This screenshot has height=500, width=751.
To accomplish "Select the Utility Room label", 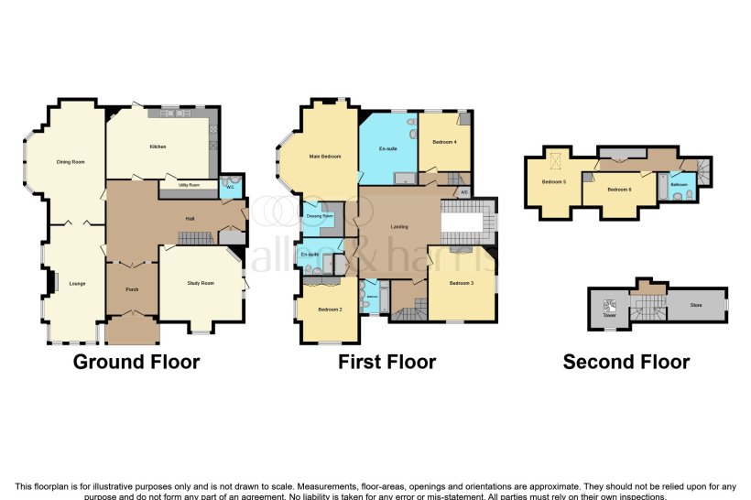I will (190, 185).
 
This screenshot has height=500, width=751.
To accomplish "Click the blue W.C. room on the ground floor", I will (231, 186).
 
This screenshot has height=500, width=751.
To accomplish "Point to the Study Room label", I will (201, 283).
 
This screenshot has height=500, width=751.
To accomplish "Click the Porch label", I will (131, 288).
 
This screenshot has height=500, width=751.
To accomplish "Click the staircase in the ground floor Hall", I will (194, 238).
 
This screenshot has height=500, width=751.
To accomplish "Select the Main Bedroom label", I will (324, 157).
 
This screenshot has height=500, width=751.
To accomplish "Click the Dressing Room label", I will (321, 216).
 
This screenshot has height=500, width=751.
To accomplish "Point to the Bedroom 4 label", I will (444, 142).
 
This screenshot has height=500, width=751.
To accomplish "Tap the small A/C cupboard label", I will (464, 192).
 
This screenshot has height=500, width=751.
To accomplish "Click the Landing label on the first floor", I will (398, 227).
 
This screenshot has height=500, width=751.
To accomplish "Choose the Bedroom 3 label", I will (461, 283).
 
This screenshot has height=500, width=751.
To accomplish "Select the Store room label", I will (696, 305).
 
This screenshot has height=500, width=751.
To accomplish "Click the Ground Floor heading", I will (136, 362).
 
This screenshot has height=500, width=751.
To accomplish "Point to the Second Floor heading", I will (626, 362).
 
